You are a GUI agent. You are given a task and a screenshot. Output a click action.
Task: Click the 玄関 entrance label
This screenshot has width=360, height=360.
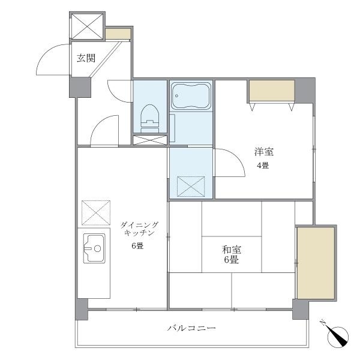point(86,58)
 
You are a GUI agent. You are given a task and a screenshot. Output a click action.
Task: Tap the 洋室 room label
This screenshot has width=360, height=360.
point(264,152)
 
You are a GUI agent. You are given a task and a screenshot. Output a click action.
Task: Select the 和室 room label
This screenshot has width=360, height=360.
point(232,250)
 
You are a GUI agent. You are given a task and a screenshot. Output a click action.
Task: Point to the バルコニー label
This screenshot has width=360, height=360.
point(191,328)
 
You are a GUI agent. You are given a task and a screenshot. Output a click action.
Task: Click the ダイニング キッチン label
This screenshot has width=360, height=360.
point(139,229)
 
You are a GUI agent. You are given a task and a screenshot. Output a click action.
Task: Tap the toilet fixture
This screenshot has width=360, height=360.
point(150,119)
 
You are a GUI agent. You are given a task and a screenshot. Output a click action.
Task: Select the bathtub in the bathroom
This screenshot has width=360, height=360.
point(191,96)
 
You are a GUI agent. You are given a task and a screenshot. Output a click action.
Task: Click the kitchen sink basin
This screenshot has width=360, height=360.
point(94,248)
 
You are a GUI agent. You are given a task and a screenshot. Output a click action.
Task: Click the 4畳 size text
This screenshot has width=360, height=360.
point(263,165)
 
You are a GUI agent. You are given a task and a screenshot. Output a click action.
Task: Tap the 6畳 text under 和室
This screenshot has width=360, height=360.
point(232,260)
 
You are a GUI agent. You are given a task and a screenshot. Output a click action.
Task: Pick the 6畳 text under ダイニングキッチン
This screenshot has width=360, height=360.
point(137,246)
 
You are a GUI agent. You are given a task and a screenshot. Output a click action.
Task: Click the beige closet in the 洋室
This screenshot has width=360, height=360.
point(272,91)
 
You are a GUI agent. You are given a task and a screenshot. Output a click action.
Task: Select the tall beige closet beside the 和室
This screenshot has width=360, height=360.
point(316,263)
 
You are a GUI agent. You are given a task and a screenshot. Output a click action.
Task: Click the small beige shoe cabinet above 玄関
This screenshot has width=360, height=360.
point(118,34)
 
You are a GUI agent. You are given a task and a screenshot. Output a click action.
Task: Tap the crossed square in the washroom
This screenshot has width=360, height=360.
point(191,187)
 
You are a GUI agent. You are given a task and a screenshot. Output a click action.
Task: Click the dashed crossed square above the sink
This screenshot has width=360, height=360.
point(96,212)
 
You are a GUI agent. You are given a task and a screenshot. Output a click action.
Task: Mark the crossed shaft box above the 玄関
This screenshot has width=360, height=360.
point(87,26)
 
